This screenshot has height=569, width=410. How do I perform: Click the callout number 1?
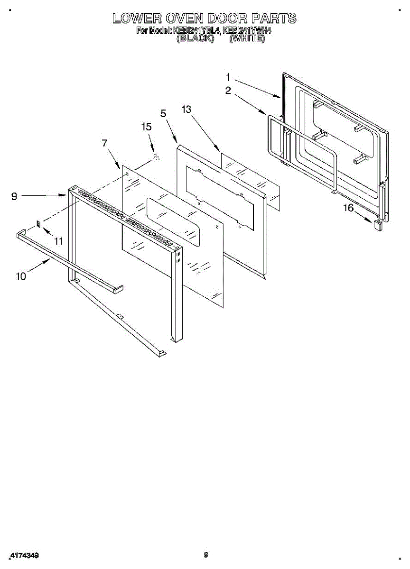pos(228,77)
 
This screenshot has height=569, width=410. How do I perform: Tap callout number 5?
pos(164,113)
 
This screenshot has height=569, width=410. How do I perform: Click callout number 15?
pos(147,127)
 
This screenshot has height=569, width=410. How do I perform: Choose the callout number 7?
pos(105,143)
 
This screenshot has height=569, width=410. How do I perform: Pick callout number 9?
pos(14,196)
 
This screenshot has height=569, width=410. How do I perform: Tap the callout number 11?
pos(58,241)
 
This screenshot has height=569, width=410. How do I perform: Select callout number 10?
pos(21,276)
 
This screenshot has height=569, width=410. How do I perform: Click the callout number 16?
pos(349,208)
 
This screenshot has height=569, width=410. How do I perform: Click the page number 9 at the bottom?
pos(205,554)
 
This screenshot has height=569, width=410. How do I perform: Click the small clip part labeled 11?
pos(39,223)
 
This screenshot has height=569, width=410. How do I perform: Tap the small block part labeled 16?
pos(378,224)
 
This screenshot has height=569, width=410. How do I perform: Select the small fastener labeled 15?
pos(156,157)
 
